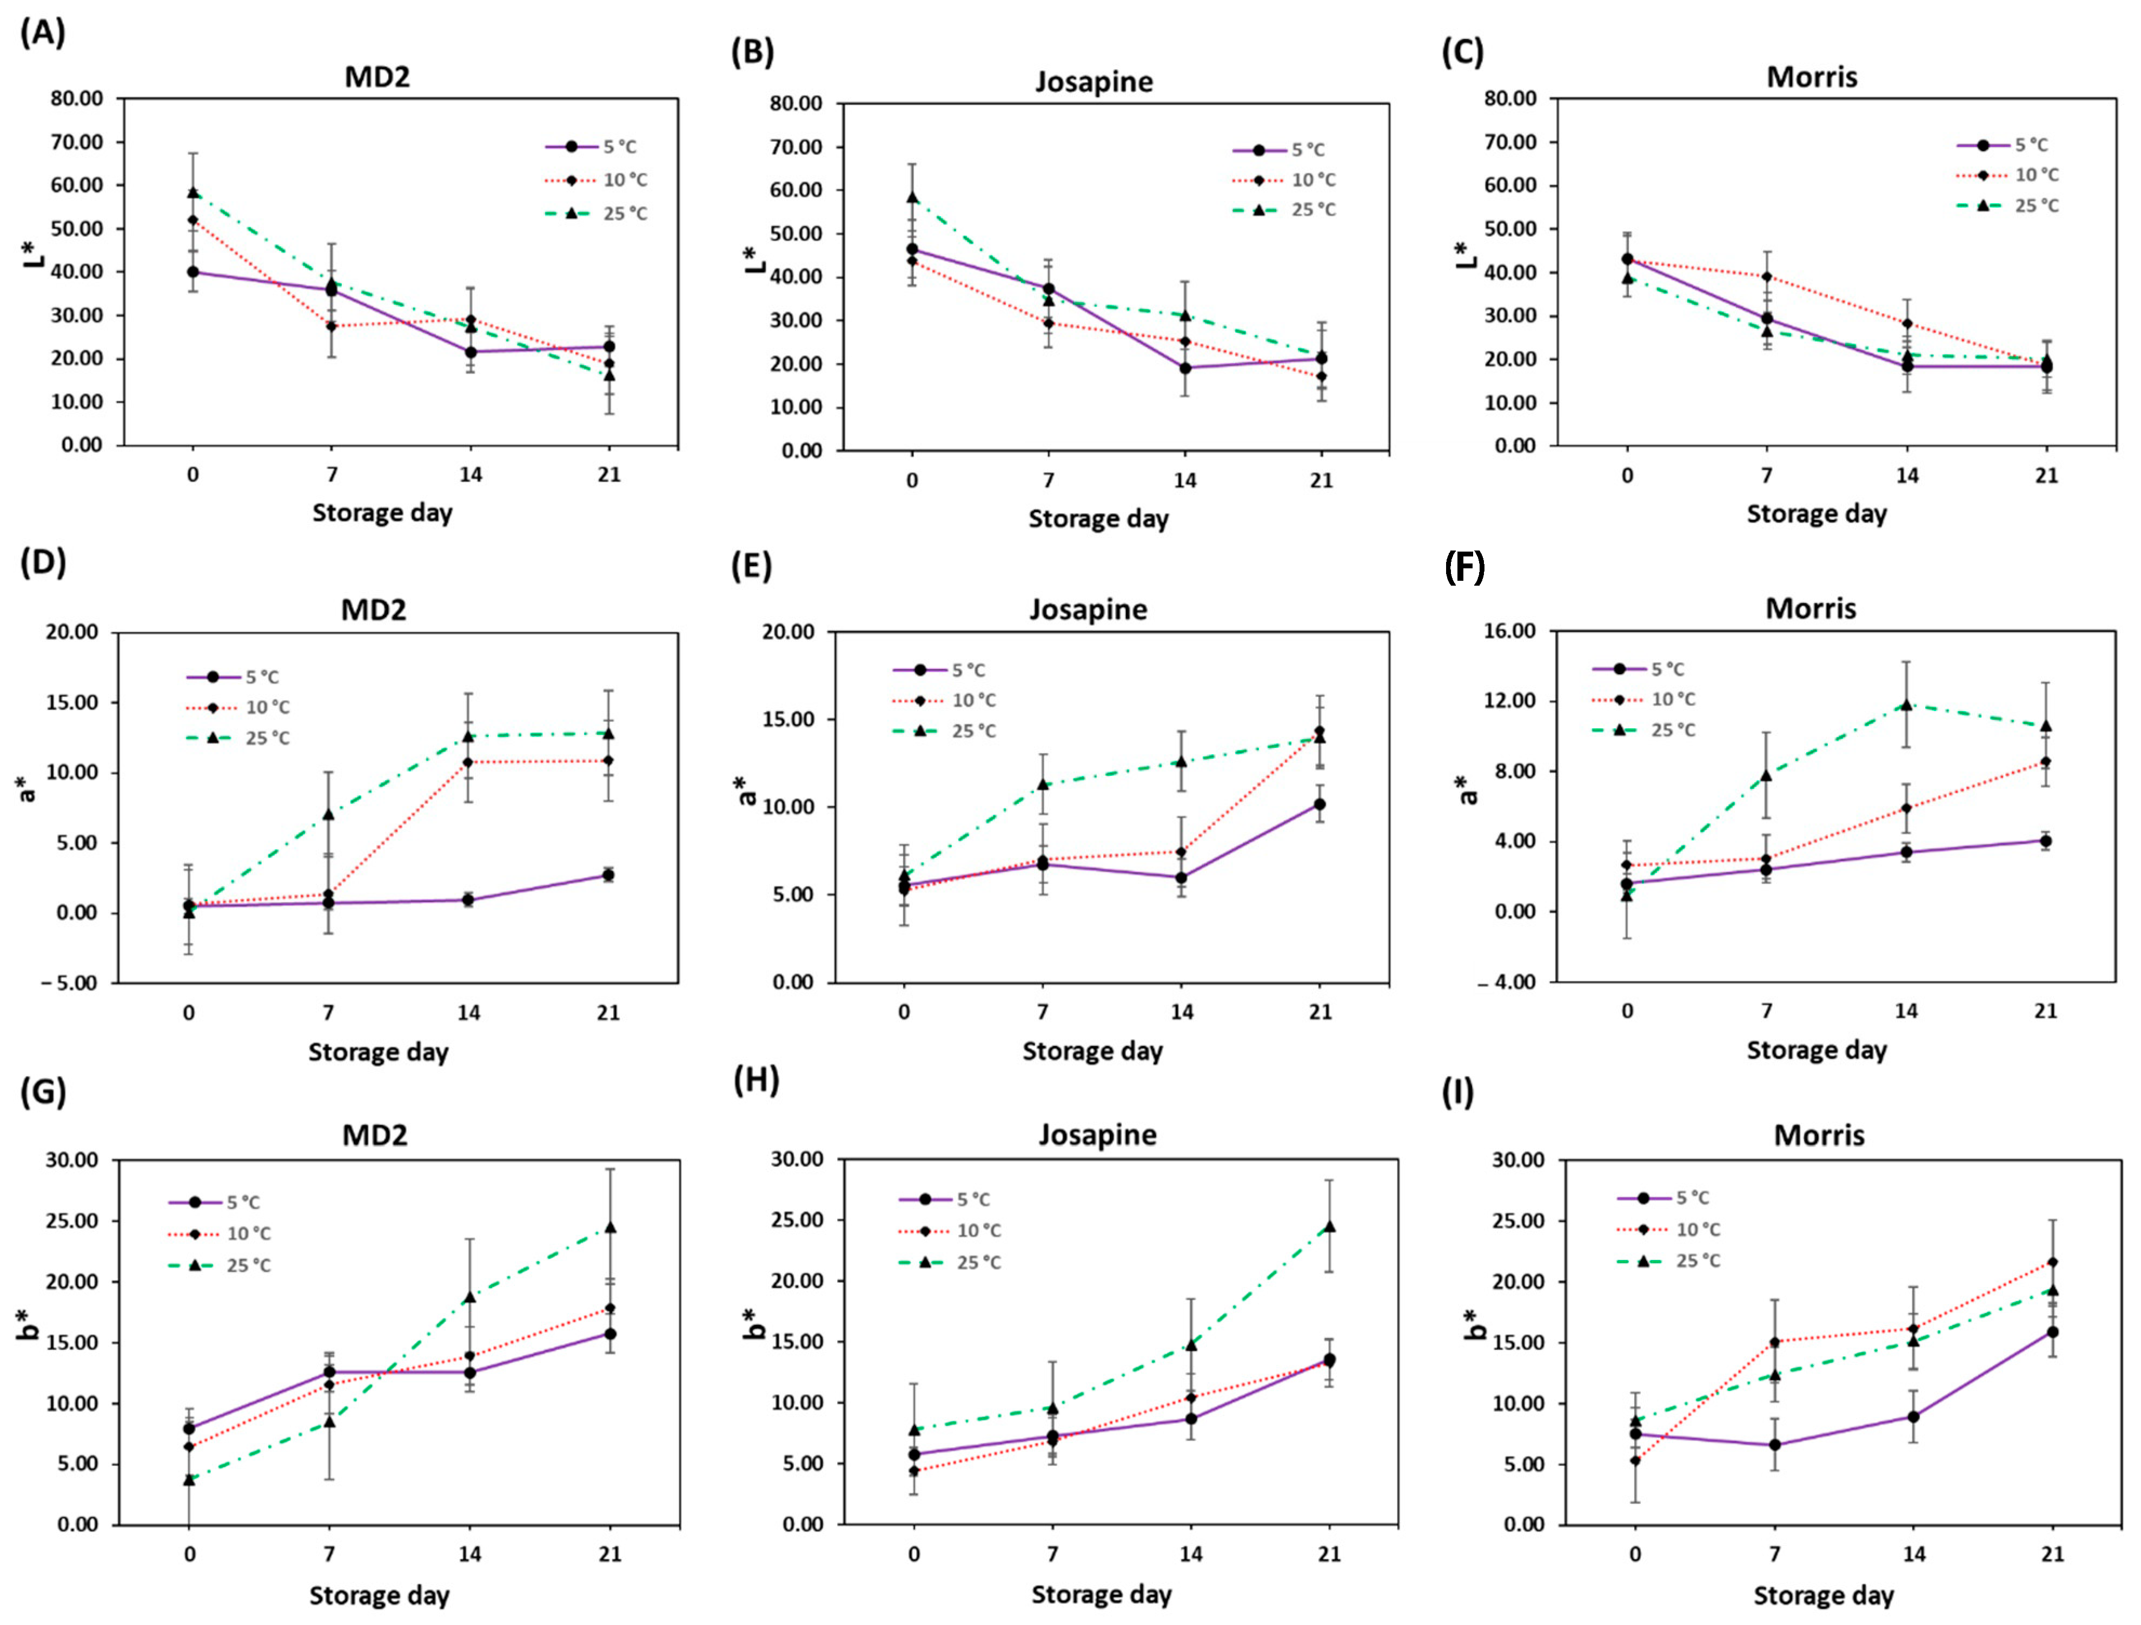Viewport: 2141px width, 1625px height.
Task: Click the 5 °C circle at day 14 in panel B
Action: coord(1185,368)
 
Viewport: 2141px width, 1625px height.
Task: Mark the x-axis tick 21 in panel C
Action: coord(2046,475)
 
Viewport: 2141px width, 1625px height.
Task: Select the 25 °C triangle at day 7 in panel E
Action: coord(1043,784)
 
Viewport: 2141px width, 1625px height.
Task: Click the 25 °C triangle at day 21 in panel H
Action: coord(1330,1226)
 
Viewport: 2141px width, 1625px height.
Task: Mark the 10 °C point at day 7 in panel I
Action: coord(1775,1342)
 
